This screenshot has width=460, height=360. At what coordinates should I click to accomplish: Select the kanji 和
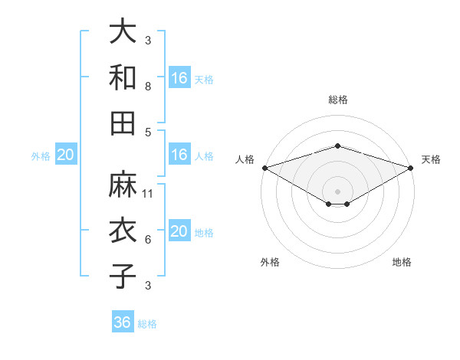[x=123, y=77]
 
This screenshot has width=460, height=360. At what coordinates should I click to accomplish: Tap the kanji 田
[x=123, y=122]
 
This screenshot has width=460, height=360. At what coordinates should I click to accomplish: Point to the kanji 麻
[x=123, y=184]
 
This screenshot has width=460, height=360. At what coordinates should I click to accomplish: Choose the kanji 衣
[x=123, y=230]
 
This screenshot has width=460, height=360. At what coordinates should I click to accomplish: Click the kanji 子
[x=123, y=276]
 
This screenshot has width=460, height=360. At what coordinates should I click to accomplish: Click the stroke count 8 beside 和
[x=148, y=87]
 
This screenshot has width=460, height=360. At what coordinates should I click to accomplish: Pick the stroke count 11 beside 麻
[x=148, y=194]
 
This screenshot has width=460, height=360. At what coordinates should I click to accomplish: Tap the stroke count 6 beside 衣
[x=148, y=240]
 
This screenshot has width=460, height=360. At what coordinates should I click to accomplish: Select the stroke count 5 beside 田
[x=148, y=132]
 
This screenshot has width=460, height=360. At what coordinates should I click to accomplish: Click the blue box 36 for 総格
[x=122, y=322]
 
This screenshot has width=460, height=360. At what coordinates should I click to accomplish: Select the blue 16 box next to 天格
[x=179, y=77]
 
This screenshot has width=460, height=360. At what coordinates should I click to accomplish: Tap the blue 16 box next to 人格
[x=179, y=155]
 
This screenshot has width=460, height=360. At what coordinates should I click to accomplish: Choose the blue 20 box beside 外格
[x=65, y=155]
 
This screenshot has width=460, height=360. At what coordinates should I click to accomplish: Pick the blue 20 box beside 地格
[x=179, y=231]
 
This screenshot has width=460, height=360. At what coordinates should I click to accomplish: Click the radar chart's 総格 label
[x=337, y=100]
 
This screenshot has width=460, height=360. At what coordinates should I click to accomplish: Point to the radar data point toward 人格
[x=264, y=167]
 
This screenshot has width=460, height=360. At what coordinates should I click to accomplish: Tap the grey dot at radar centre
[x=337, y=191]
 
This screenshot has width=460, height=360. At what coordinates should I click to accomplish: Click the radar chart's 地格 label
[x=402, y=262]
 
